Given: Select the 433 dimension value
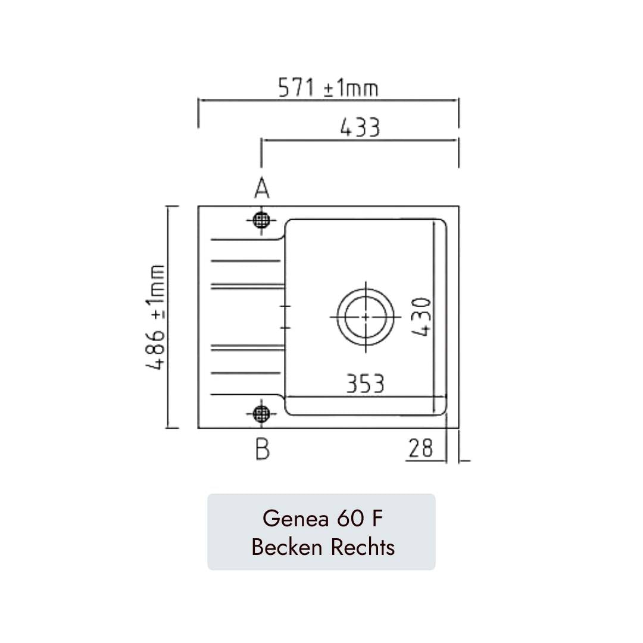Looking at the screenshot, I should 360,127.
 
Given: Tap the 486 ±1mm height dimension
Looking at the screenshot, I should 157,317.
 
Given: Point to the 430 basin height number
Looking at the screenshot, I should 422,317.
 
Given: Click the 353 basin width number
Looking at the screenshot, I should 365,384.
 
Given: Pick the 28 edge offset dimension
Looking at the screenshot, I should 421,448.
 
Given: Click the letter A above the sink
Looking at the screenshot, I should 261,189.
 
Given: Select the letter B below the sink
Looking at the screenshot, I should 262,449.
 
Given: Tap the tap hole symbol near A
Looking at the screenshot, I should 261,220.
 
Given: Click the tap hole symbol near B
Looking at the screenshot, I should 261,413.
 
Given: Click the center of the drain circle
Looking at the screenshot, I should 365,316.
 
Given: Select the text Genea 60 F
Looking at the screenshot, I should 321,519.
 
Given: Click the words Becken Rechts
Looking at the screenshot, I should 323,546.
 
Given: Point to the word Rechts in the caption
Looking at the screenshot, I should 363,546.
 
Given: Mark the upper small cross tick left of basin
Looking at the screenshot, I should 285,306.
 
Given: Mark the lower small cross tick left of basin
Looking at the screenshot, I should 285,327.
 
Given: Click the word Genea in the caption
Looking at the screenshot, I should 295,519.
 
